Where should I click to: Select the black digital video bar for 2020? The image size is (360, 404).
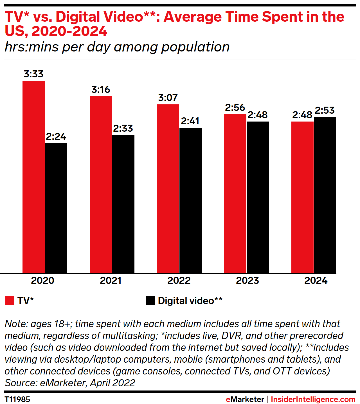56,208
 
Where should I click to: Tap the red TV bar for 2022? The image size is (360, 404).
168,188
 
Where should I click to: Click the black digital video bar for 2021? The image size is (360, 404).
123,204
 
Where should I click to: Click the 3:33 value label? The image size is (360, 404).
33,74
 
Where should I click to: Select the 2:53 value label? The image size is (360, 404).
325,110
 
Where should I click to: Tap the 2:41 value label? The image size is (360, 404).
190,121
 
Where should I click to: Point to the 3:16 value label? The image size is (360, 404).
101,89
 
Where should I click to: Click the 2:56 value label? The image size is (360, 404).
235,107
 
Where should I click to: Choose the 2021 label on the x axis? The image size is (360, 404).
111,280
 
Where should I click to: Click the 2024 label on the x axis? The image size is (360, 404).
316,280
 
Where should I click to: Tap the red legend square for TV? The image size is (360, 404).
10,301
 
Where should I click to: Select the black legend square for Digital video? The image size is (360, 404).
150,301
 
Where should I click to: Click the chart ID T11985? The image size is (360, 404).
17,399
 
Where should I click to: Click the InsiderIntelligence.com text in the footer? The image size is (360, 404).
313,399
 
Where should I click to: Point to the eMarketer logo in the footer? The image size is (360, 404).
245,399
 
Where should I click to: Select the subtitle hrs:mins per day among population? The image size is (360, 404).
117,47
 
